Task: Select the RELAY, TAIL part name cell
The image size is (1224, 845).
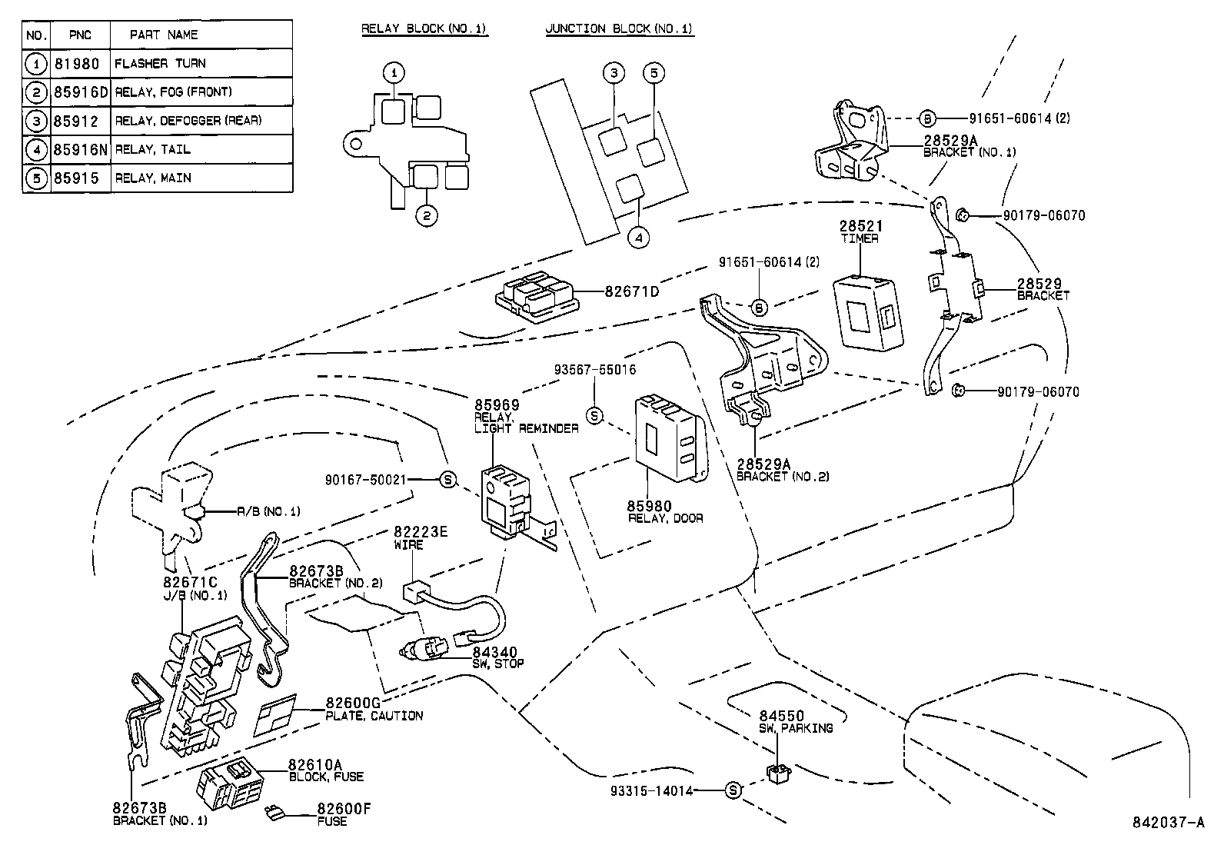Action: [152, 149]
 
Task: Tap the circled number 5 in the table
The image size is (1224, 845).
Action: [36, 178]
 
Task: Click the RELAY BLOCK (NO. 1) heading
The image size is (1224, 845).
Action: [424, 29]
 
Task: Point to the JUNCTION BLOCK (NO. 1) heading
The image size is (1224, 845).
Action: [619, 29]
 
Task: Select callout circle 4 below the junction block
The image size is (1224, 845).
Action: [638, 238]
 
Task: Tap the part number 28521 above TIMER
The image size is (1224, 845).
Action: [860, 227]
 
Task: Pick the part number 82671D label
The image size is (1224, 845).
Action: [631, 291]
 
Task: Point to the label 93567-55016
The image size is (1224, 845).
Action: [594, 370]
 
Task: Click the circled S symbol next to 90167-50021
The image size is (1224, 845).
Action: [448, 480]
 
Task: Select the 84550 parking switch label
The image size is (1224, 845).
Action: [781, 716]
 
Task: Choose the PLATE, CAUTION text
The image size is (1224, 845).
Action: [374, 716]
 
